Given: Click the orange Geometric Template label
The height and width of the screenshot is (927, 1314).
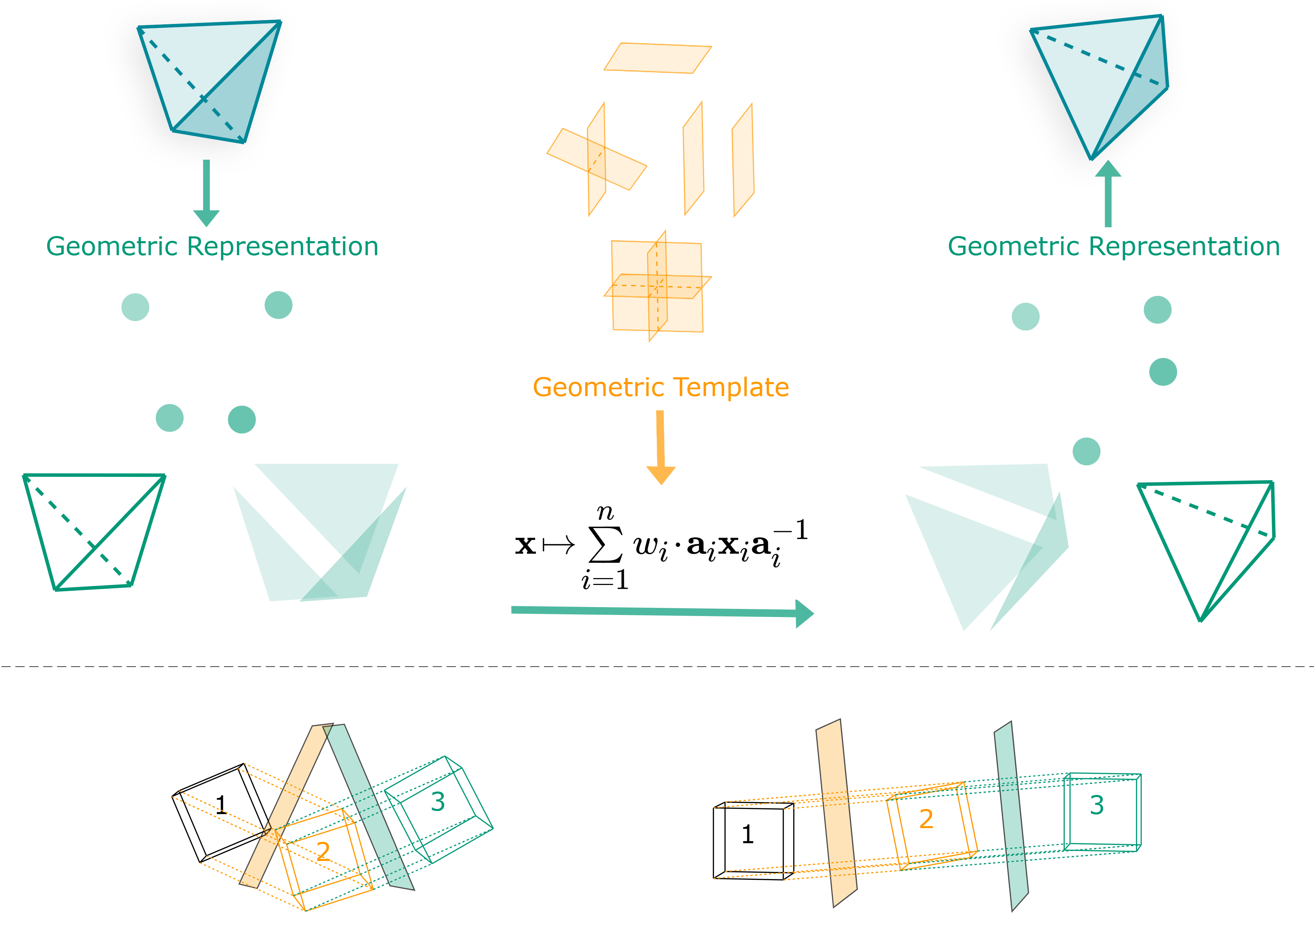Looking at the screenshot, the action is [661, 388].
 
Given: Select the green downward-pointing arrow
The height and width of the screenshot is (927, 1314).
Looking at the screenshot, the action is [207, 193].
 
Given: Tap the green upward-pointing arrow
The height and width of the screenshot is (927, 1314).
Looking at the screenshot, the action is [1108, 193].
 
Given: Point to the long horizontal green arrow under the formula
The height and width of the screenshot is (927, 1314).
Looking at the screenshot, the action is [662, 612].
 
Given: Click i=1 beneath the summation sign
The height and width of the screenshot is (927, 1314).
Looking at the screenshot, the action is [605, 580].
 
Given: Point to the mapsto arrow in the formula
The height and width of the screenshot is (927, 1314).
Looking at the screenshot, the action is [558, 545].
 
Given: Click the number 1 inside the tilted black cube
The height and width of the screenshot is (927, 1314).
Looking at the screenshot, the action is [221, 805].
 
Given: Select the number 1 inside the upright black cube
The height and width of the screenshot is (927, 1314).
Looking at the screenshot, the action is [747, 834].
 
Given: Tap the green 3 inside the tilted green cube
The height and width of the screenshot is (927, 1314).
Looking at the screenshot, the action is [438, 802].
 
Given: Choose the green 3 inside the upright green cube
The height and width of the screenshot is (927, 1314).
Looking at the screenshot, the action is [1096, 805].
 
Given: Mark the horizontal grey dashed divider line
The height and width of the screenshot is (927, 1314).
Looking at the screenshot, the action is [657, 667].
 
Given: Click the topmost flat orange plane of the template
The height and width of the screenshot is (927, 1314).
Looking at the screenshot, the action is [658, 58].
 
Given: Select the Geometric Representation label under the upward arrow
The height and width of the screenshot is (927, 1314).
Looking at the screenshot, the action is [1114, 247].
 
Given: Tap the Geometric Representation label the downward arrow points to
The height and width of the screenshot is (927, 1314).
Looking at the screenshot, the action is [212, 247].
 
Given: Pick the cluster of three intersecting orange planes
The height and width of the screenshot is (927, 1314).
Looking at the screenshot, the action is [658, 286].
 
